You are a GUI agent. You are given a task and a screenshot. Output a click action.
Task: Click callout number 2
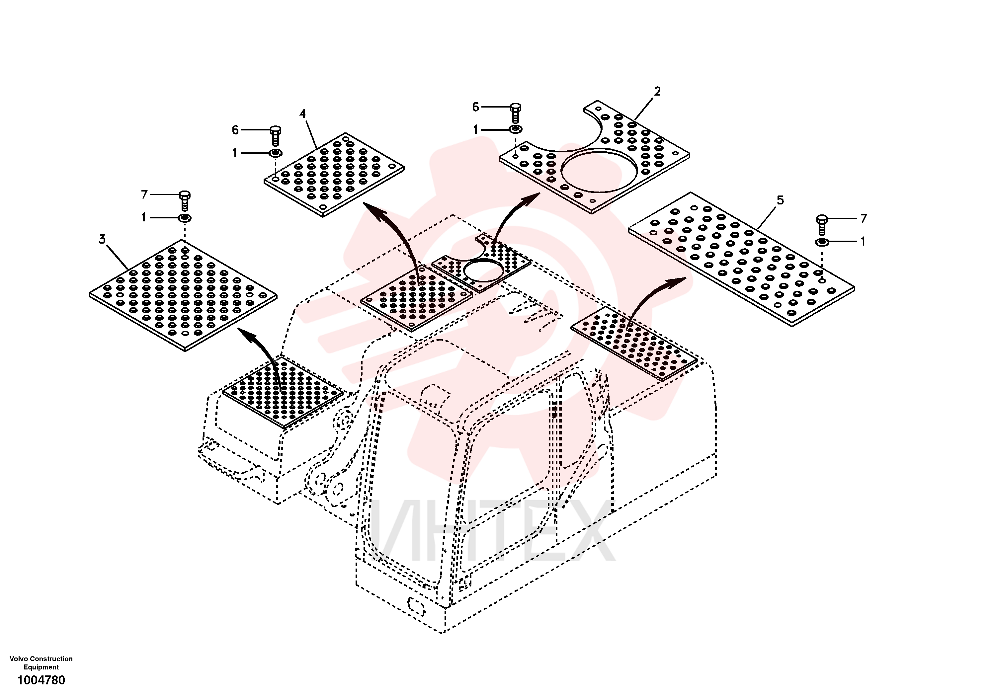point(657,91)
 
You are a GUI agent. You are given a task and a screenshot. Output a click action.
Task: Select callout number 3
point(102,239)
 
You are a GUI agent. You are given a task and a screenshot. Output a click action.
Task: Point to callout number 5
point(780,200)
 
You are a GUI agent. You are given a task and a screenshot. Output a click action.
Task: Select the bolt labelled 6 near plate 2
point(516,113)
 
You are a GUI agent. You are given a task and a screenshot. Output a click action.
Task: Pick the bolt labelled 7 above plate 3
point(185,201)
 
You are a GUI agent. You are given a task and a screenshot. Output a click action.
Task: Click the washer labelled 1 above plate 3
point(185,218)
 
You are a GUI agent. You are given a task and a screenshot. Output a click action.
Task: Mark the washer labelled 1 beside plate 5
point(822,242)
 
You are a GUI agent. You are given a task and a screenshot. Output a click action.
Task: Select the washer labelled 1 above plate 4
point(276,153)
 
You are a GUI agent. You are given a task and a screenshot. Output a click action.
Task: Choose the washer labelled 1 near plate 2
point(516,129)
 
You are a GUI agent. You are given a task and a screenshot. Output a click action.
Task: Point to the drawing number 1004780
point(41,680)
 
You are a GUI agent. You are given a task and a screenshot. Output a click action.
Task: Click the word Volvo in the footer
point(18,659)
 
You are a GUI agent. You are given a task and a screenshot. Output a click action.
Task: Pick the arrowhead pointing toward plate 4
point(372,211)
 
